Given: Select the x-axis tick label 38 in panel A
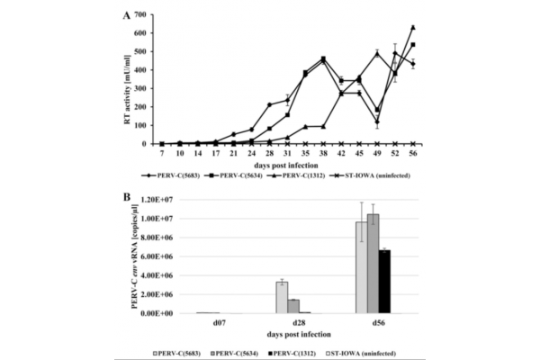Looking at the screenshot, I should [323, 153].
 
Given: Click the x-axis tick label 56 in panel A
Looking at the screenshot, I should [412, 153].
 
